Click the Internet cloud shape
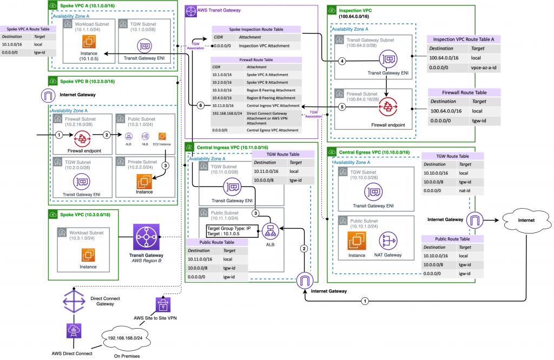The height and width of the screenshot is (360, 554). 523,221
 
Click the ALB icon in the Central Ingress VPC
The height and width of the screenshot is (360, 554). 269,230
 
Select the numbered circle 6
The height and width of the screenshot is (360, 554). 201,105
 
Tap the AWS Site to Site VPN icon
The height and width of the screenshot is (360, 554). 163,305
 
